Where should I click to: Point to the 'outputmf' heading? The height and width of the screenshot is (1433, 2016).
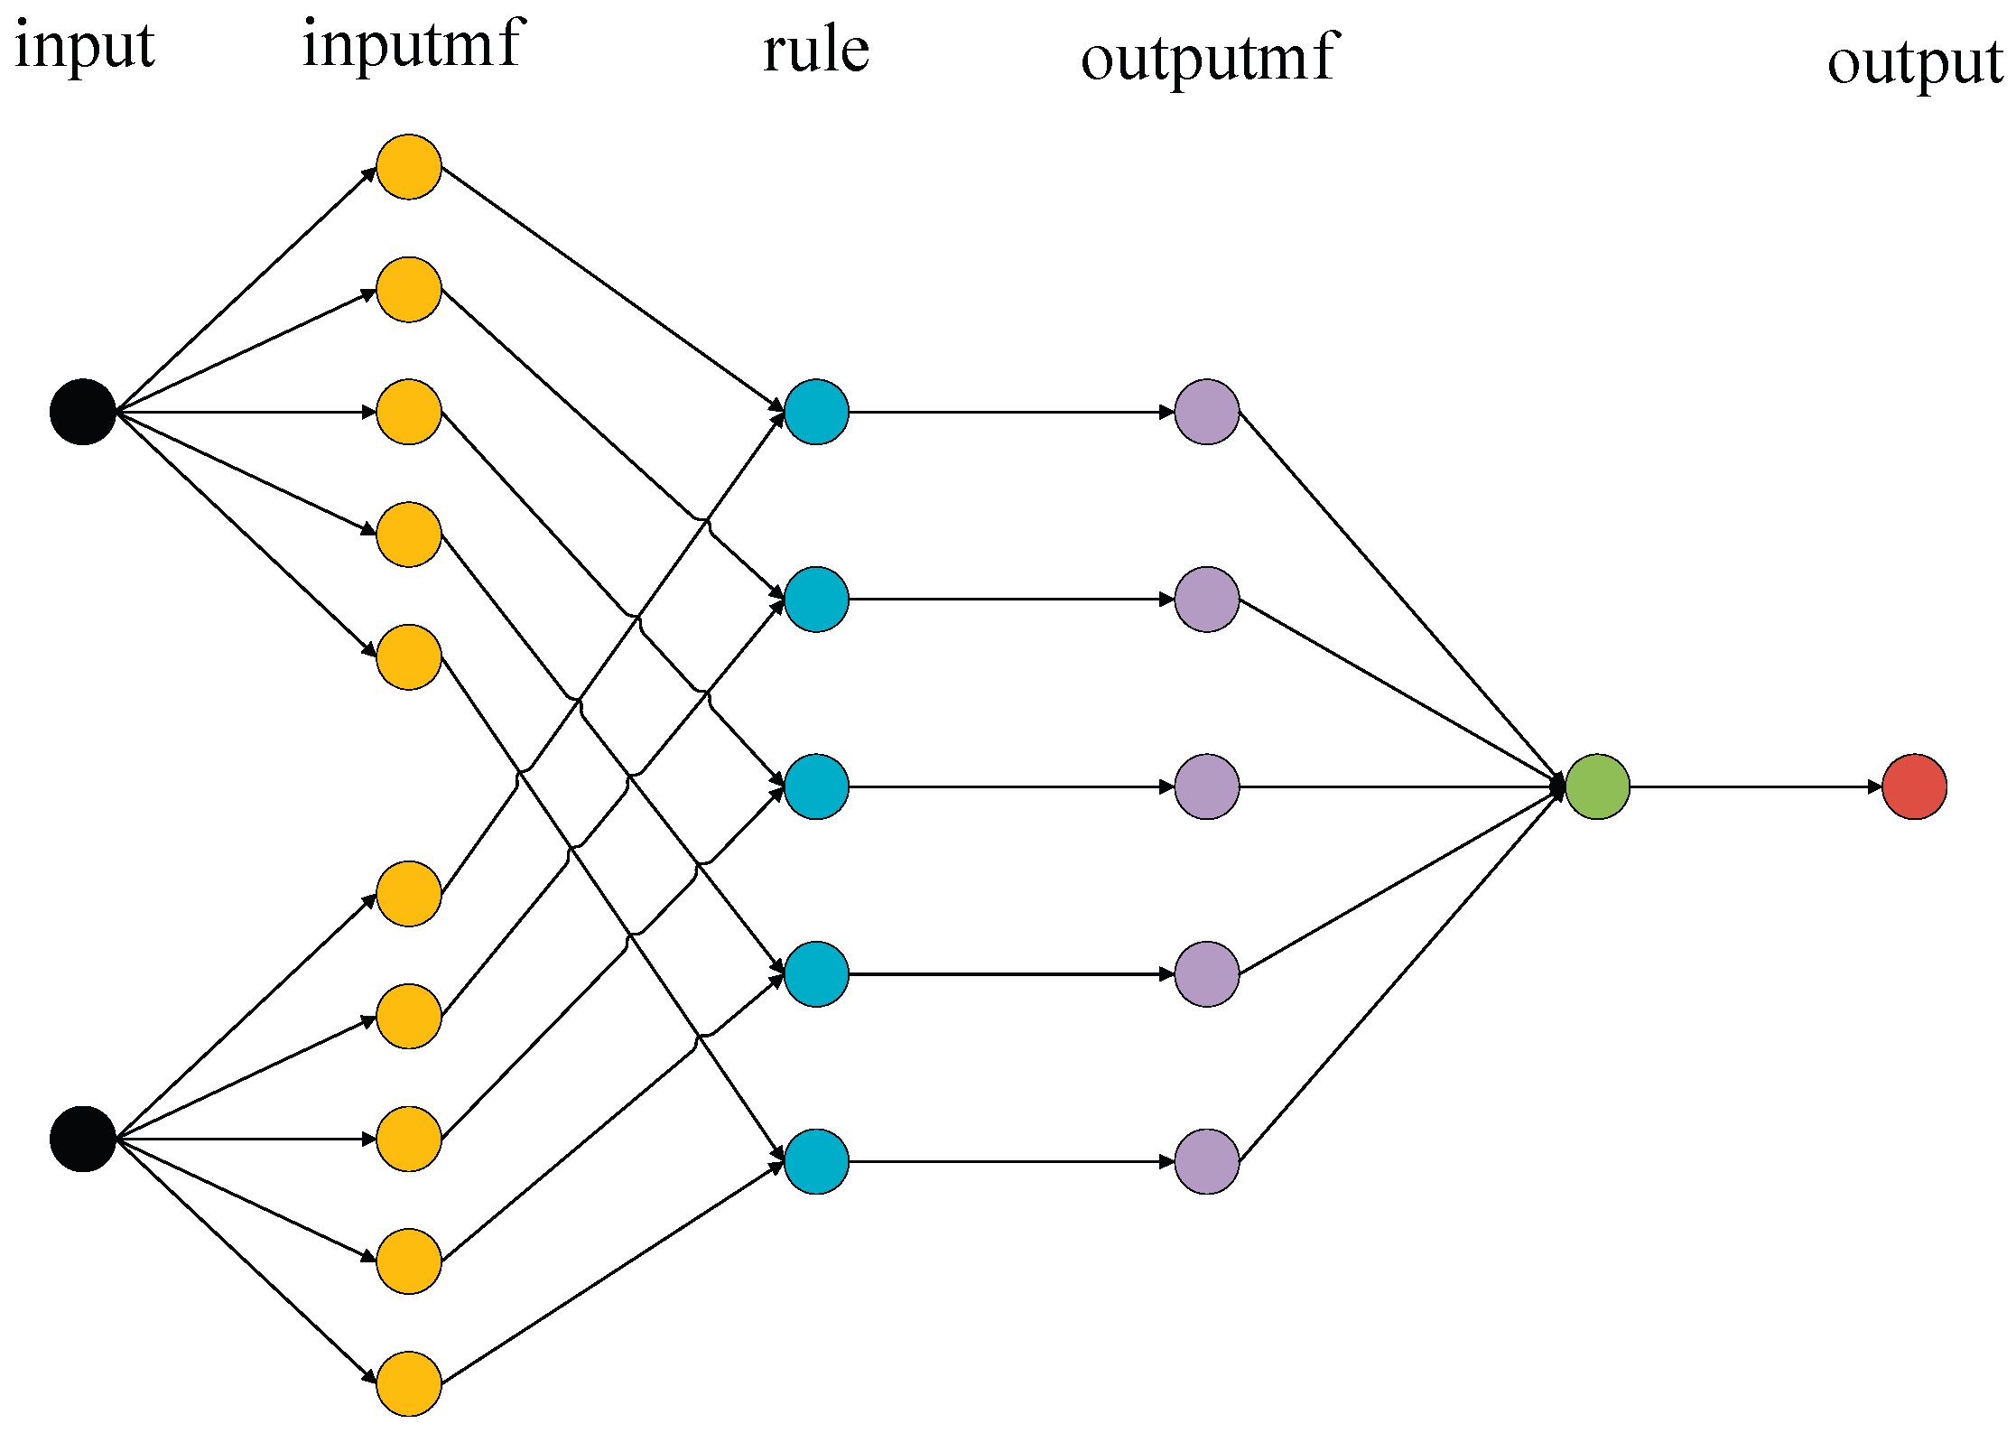[1209, 58]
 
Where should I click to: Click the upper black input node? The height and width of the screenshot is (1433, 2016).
[83, 412]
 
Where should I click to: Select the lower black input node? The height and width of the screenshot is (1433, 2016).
[83, 1139]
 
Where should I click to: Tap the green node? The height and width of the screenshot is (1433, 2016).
[1597, 786]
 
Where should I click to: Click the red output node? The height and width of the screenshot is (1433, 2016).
[1914, 786]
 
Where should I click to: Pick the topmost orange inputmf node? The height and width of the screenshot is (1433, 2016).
[409, 167]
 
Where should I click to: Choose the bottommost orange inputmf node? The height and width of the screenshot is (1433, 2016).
[409, 1383]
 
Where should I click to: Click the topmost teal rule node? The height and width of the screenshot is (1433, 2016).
[816, 412]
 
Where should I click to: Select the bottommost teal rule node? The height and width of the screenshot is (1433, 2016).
[816, 1161]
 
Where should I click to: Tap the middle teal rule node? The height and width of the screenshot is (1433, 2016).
[816, 786]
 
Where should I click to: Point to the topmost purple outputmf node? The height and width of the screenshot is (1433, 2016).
[1207, 412]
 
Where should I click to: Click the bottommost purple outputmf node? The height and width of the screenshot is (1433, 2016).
[1207, 1161]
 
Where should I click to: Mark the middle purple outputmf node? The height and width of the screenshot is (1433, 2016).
[1207, 786]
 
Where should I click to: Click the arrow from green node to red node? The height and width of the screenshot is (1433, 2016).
[1756, 786]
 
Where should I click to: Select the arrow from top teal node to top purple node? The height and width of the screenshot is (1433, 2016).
[1011, 412]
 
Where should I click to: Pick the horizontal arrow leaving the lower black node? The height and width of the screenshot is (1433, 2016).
[244, 1139]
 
